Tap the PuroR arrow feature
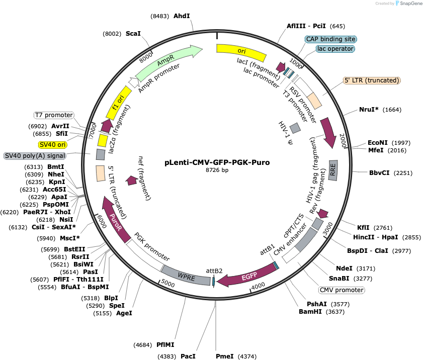click(115, 220)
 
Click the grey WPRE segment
click(186, 277)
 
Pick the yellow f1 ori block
click(118, 103)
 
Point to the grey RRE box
click(333, 170)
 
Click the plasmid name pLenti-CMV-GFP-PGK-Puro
click(217, 162)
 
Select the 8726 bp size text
click(217, 170)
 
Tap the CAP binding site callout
click(331, 39)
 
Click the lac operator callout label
click(335, 49)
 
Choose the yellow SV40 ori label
click(52, 145)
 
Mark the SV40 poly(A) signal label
click(35, 156)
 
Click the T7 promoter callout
click(54, 115)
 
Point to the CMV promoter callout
click(342, 290)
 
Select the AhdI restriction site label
click(182, 16)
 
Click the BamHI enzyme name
click(310, 312)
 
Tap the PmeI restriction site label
click(225, 356)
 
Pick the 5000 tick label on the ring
click(168, 284)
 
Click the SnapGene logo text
click(411, 4)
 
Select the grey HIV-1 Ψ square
click(295, 128)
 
